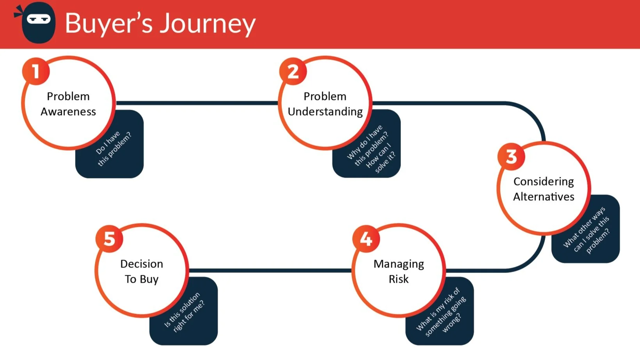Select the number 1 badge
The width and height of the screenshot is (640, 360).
(36, 71)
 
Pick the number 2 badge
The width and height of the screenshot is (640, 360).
(293, 71)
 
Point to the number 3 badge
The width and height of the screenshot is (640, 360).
(511, 157)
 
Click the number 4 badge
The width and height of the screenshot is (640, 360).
(366, 239)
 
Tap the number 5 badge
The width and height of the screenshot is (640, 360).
(109, 239)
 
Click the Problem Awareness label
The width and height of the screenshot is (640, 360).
(68, 104)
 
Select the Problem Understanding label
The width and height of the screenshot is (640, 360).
(325, 104)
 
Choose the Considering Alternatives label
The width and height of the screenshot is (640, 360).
(544, 189)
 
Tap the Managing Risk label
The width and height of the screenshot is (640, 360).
(398, 271)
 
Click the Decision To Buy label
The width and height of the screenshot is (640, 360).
(142, 271)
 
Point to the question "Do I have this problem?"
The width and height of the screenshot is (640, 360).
(114, 149)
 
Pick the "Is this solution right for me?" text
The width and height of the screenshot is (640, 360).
(184, 312)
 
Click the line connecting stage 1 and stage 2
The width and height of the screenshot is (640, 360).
(197, 103)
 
